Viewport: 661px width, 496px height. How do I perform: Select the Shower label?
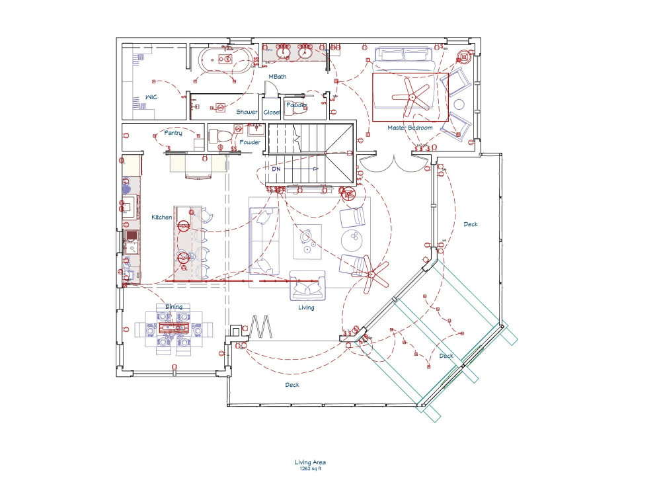click(x=247, y=112)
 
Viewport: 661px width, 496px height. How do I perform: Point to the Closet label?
click(x=272, y=112)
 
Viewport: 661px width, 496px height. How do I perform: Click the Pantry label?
click(x=173, y=133)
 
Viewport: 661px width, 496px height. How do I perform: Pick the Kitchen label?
click(x=162, y=217)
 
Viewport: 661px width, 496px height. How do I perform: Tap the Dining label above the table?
click(x=174, y=306)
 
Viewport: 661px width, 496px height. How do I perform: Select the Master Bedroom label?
click(x=410, y=128)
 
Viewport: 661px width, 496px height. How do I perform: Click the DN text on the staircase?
click(x=276, y=169)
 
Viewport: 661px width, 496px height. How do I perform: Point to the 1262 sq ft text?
click(x=310, y=468)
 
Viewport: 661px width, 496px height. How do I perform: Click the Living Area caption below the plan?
click(x=310, y=462)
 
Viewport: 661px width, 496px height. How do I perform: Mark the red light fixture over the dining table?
click(x=173, y=327)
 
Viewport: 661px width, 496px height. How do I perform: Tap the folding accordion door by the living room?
click(x=262, y=327)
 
